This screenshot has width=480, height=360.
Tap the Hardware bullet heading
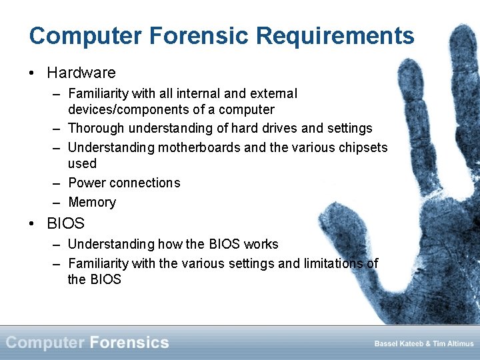tap(81, 73)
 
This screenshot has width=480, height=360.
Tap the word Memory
tap(92, 202)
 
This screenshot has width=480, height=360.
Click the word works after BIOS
tap(261, 244)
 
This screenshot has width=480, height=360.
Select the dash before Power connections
tap(57, 183)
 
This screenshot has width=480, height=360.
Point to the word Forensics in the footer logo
tap(129, 343)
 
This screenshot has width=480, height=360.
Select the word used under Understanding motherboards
tap(82, 163)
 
